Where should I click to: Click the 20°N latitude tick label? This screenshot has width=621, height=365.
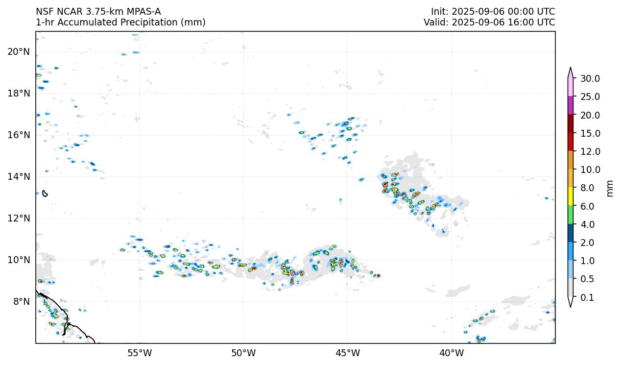(19, 51)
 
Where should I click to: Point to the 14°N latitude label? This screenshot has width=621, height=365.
(19, 176)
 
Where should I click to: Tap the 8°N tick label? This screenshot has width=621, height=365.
(21, 301)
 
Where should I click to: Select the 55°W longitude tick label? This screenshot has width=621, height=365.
(140, 353)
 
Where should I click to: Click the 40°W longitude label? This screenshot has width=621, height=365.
(452, 353)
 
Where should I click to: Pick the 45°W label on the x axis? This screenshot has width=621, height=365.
(348, 353)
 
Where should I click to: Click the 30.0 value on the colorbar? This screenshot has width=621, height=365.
(590, 78)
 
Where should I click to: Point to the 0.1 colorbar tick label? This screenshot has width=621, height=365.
(587, 297)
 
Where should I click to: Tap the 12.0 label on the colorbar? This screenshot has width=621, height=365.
(590, 151)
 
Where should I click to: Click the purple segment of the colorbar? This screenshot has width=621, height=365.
(571, 105)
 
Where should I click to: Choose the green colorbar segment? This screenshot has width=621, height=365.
(571, 215)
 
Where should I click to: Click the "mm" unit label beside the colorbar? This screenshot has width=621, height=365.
(610, 188)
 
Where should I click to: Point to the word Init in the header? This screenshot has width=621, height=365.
(439, 12)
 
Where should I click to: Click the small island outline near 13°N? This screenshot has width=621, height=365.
(45, 194)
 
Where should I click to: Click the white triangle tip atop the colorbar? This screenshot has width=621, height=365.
(571, 70)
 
